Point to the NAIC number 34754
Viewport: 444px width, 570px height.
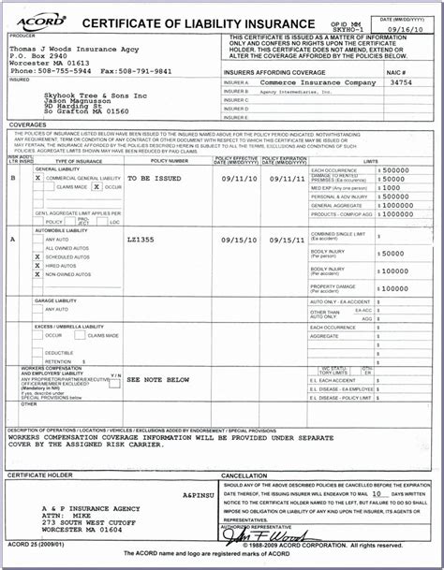coord(401,82)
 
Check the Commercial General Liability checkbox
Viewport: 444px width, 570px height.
coord(37,177)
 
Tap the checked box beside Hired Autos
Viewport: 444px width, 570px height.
coord(37,265)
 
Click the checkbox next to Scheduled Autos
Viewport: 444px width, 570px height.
coord(37,256)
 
